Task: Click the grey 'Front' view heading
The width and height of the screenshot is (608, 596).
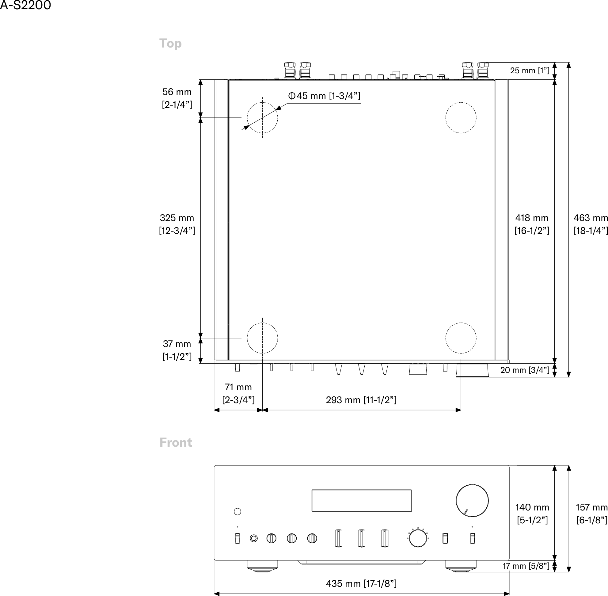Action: point(176,442)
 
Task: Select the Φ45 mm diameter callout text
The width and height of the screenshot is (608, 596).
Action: point(324,96)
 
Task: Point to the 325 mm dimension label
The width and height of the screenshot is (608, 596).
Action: point(177,224)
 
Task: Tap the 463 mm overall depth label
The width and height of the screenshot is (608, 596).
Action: point(591,224)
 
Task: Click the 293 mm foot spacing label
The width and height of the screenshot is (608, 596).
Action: point(361,400)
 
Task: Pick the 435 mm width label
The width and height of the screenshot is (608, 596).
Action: point(361,583)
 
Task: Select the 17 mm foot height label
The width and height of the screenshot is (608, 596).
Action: point(526,566)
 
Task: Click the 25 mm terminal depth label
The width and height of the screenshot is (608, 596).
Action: point(530,71)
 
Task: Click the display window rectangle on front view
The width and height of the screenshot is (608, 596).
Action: point(361,501)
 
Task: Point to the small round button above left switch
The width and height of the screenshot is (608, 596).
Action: point(237,511)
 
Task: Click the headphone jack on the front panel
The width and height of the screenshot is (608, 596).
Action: point(254,538)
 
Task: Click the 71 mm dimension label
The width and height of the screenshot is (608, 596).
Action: point(238,393)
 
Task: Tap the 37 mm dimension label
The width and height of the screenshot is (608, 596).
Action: point(177,350)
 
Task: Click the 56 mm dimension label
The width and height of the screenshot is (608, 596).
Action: point(177,98)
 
